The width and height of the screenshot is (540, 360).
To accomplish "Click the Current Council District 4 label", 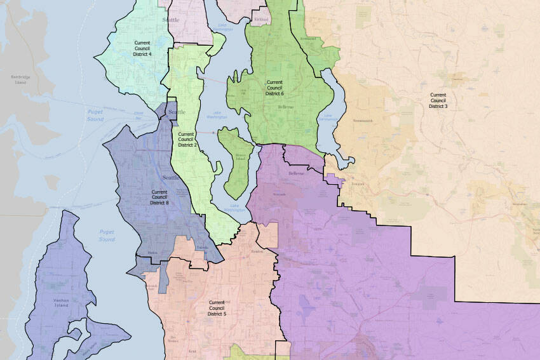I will (142, 48).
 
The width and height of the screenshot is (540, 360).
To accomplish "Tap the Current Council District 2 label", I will (187, 140).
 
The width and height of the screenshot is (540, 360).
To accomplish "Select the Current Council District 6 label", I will (274, 88).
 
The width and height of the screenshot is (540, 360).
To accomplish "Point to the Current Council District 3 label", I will (438, 100).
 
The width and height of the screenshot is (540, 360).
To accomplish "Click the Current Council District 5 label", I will (217, 309).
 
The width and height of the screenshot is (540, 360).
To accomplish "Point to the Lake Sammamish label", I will (328, 117).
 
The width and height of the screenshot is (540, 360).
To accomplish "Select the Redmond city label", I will (307, 39).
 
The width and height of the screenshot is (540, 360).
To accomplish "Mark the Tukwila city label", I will (202, 248).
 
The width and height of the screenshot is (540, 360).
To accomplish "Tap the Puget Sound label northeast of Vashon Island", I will (107, 236).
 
